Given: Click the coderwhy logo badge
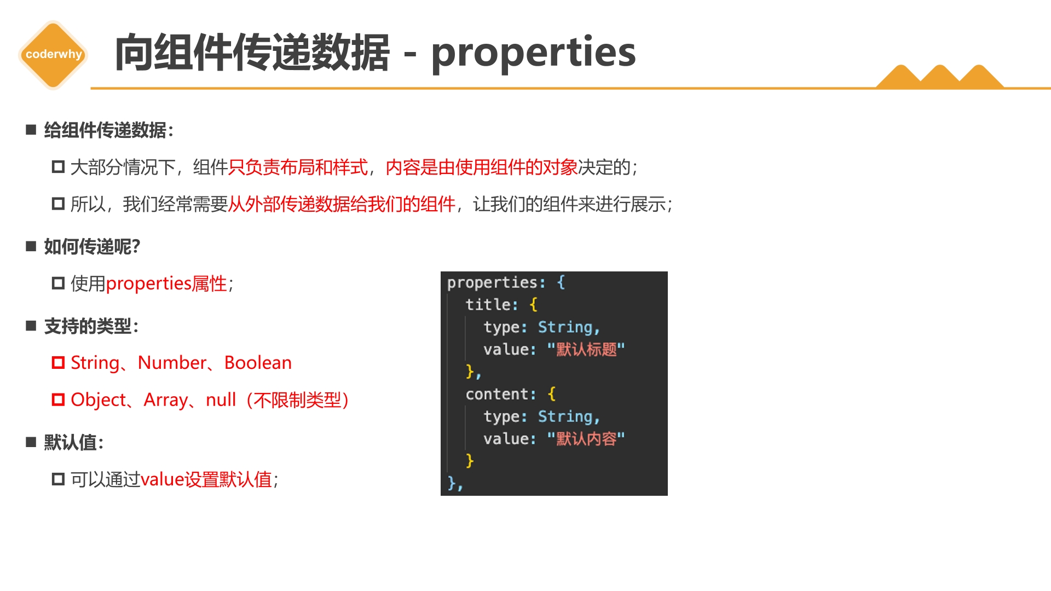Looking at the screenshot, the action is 53,55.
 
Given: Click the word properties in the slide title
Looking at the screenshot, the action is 533,54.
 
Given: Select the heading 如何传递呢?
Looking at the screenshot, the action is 92,247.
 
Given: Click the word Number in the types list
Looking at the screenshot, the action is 172,363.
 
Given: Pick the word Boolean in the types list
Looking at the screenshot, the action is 258,363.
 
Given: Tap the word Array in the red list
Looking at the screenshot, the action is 165,401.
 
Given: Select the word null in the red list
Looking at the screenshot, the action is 221,400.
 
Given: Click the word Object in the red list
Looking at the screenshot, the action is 99,401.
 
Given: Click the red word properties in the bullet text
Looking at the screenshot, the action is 148,284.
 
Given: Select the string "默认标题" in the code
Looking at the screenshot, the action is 586,349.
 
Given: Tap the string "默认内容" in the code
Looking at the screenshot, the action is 586,438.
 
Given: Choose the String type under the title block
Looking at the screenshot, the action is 565,327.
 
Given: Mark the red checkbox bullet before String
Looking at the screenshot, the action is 58,363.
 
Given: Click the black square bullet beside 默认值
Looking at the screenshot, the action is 31,442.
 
